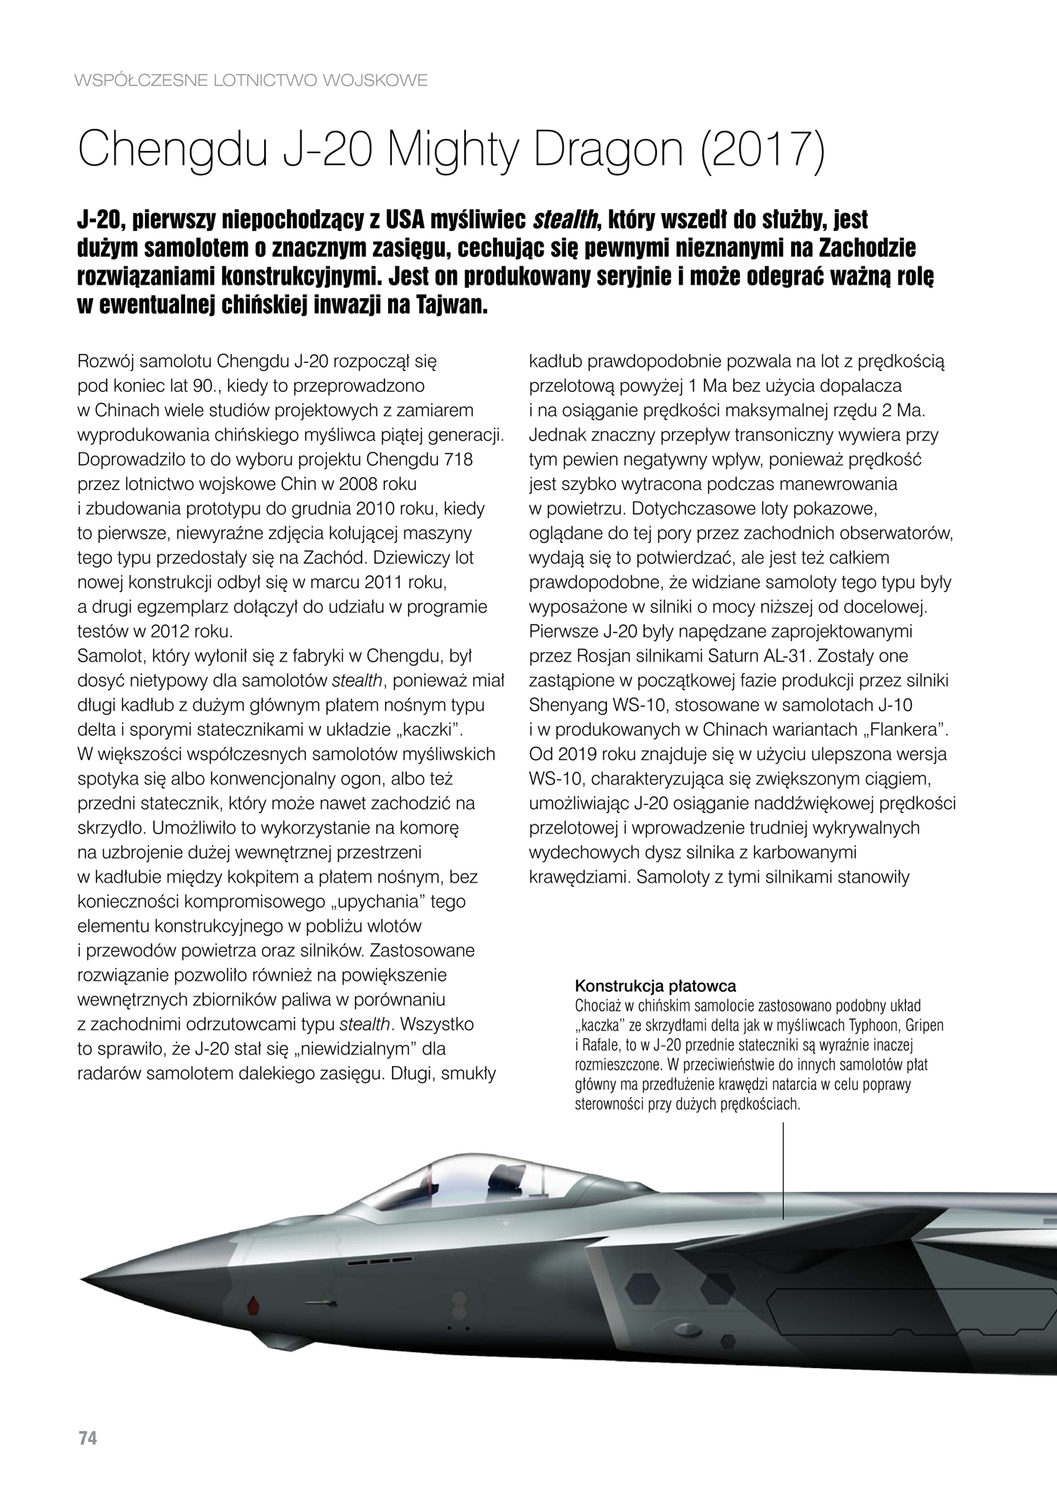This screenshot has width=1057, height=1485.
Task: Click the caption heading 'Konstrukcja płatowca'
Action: click(x=655, y=986)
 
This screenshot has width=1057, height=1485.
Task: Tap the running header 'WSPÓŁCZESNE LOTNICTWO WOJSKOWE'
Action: click(x=252, y=80)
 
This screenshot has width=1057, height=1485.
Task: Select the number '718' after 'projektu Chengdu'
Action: click(x=459, y=460)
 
